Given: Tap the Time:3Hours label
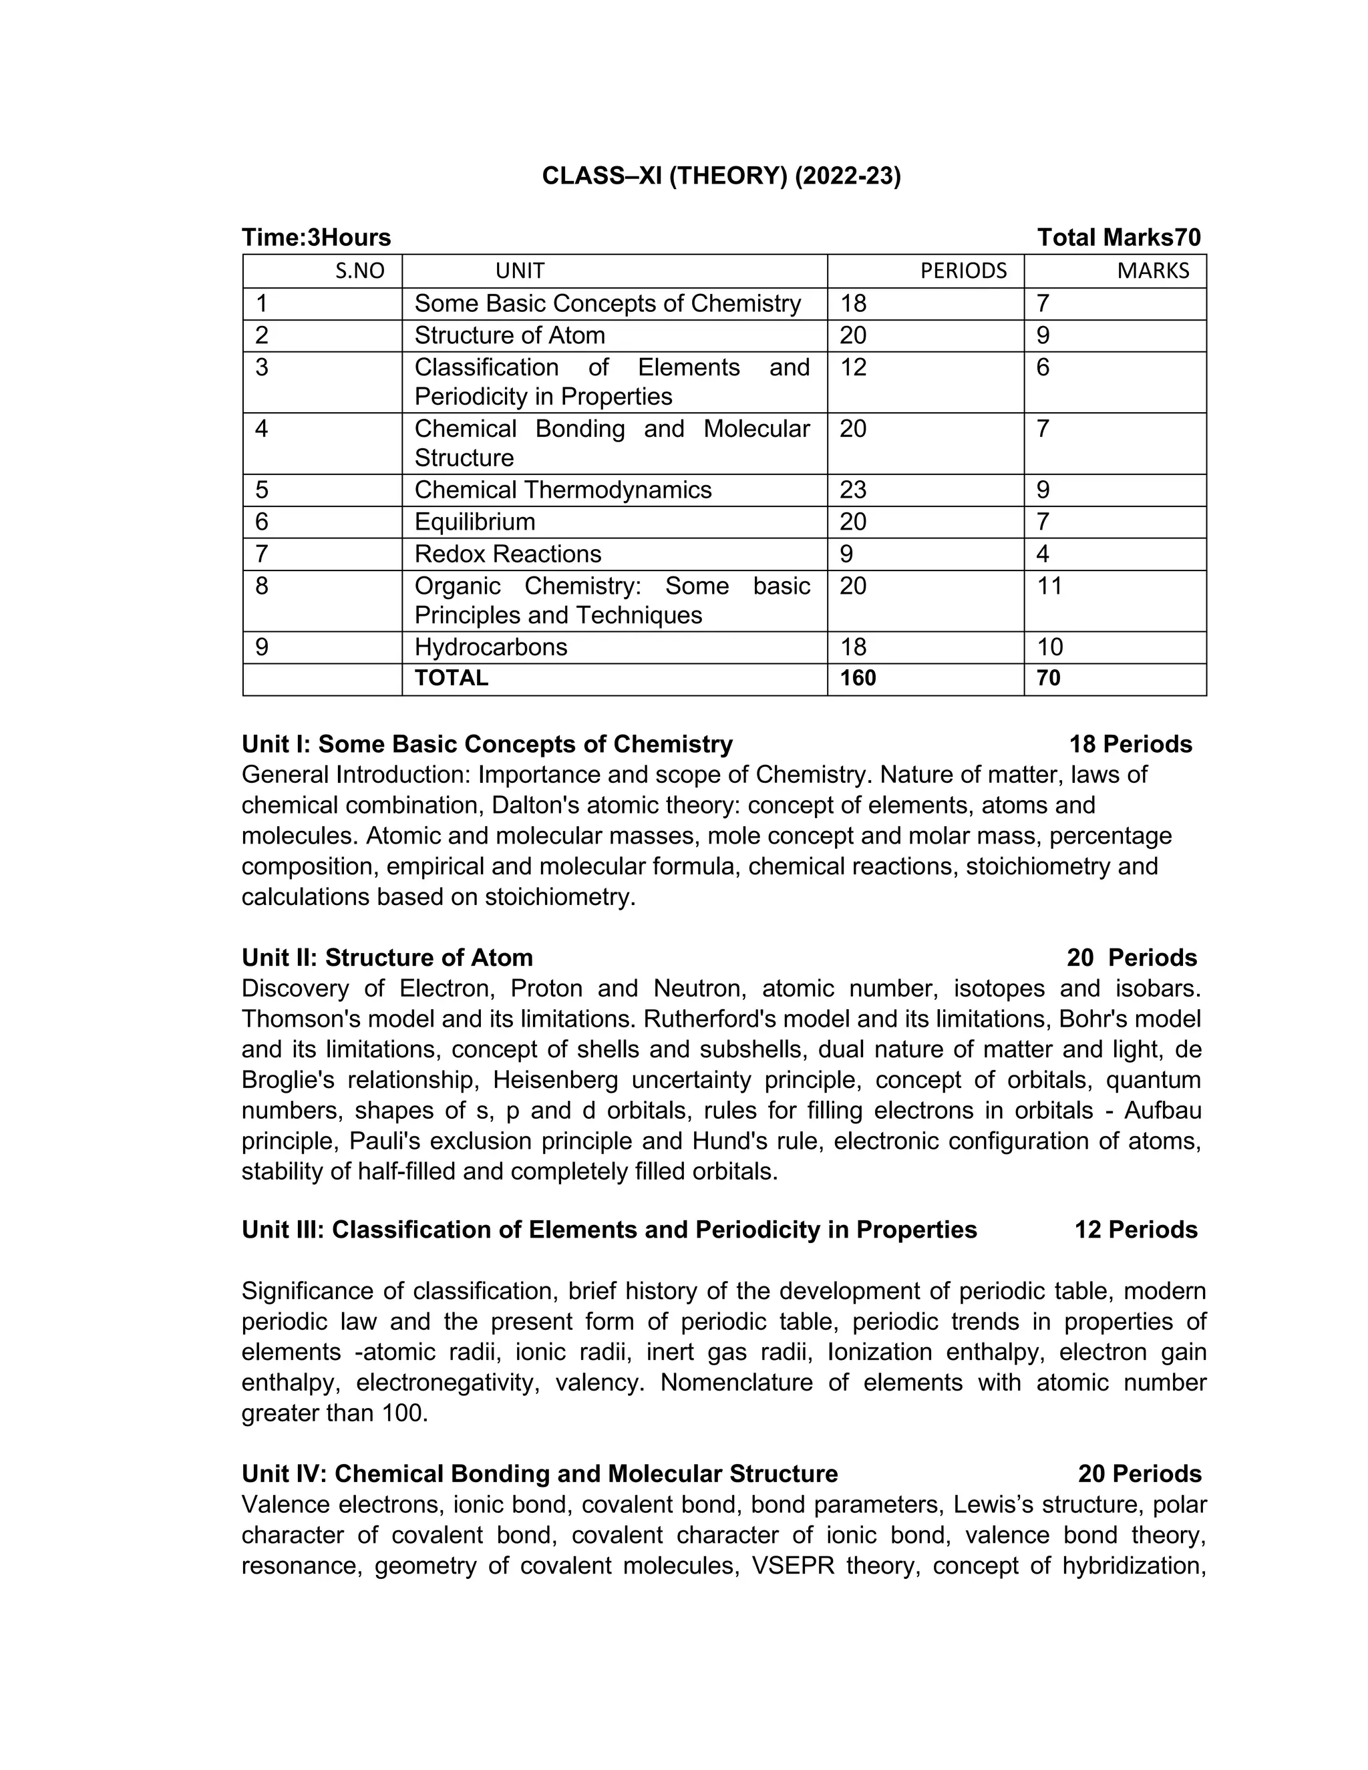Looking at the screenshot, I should click(316, 238).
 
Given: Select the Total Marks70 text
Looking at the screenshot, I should click(1118, 238).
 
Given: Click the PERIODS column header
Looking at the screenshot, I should click(963, 271).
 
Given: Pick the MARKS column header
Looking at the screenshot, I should click(1152, 271).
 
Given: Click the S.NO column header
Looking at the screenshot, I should click(360, 271).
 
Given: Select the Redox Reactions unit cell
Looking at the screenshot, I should click(508, 554).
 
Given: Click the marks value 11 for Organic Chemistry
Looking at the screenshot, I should click(1049, 586).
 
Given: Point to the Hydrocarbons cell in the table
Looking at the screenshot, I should click(490, 647).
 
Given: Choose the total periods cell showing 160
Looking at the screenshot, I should click(858, 679).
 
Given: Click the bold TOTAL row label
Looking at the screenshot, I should click(452, 679).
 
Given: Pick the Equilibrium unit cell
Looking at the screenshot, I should click(474, 522).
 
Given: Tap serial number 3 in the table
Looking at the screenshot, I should click(262, 368).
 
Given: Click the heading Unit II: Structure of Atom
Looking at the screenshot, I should click(387, 958).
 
